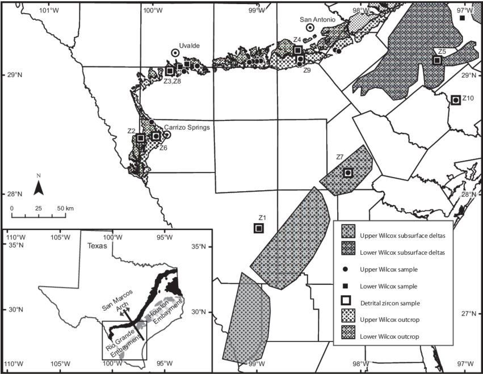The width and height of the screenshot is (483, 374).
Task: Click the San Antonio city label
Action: click(318, 19)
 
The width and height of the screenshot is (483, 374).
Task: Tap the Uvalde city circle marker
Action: click(175, 52)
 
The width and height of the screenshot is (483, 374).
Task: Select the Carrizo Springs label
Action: click(187, 128)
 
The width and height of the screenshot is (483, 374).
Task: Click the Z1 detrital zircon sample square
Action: click(258, 228)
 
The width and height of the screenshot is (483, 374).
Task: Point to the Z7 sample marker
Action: click(348, 173)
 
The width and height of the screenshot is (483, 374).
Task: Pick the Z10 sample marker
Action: click(455, 100)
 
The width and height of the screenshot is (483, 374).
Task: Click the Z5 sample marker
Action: click(437, 60)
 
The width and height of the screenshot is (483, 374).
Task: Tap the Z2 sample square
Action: click(140, 137)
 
